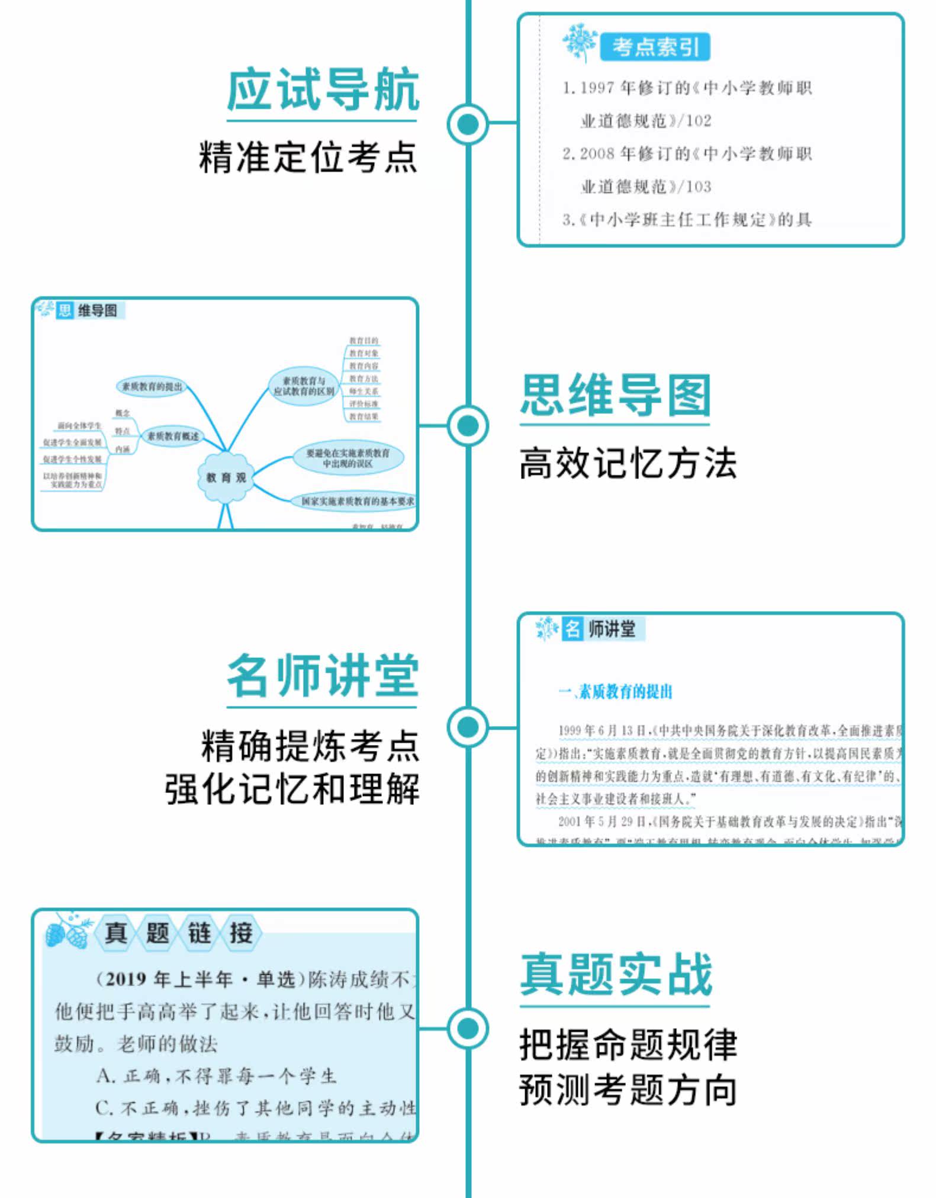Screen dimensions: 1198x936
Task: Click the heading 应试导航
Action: [323, 90]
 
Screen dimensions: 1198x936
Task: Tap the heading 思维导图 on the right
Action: [615, 395]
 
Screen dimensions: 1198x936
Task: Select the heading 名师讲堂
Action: [323, 676]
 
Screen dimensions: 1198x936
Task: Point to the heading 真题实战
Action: [616, 975]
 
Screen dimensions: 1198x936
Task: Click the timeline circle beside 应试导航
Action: [468, 124]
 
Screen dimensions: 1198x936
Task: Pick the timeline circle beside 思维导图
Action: [468, 425]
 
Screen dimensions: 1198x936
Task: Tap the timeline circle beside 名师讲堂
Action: [468, 727]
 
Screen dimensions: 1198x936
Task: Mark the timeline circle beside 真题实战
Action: [468, 1028]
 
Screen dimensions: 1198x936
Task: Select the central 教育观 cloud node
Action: [226, 477]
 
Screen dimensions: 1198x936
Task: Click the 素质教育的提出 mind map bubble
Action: [152, 387]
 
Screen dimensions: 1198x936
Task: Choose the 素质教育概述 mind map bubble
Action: [173, 436]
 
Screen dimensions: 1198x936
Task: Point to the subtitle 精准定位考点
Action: [308, 158]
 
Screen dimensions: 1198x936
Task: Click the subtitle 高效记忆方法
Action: [628, 463]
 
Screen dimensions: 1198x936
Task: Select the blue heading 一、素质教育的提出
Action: [615, 692]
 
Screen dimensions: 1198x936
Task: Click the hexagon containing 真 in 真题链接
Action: [116, 933]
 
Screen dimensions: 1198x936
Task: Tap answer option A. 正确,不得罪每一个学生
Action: [217, 1075]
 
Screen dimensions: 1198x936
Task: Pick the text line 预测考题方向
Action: [628, 1090]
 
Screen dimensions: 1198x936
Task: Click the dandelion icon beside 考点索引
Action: [580, 41]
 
